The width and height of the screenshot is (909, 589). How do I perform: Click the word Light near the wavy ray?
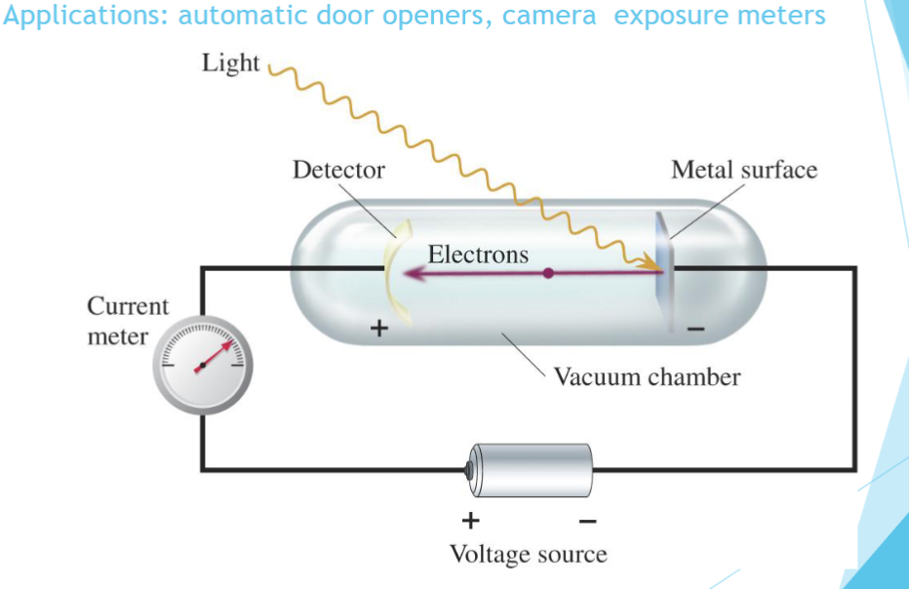coord(230,64)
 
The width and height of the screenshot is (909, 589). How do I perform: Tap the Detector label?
coord(338,170)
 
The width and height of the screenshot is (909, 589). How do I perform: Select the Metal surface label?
coord(743,170)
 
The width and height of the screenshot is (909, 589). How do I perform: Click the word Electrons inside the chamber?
coord(478,255)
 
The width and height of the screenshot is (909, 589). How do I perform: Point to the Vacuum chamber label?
coord(647,376)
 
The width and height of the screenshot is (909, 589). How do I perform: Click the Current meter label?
coord(127,321)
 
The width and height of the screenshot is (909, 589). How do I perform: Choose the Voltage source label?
coord(528,554)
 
